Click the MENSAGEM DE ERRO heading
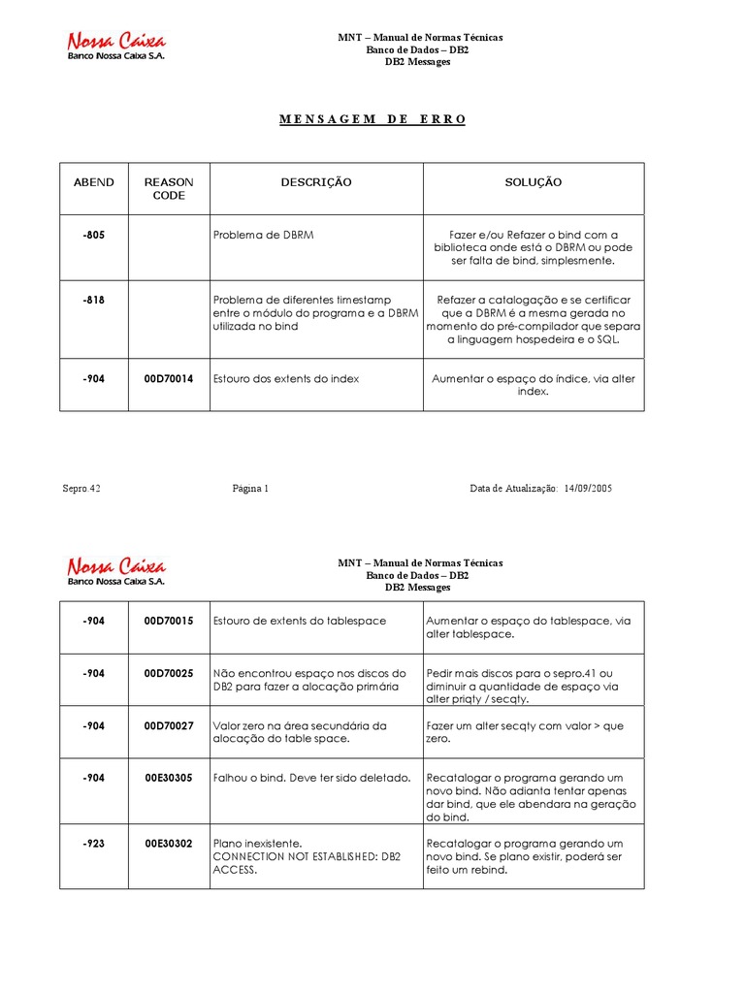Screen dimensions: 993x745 pyautogui.click(x=372, y=119)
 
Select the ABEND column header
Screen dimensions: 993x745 pyautogui.click(x=94, y=182)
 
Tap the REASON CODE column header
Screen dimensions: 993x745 pyautogui.click(x=169, y=189)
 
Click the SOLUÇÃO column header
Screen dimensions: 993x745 pyautogui.click(x=533, y=182)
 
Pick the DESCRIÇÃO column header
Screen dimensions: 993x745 pyautogui.click(x=316, y=182)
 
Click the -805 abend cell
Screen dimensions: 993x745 pyautogui.click(x=94, y=235)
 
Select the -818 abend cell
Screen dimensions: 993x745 pyautogui.click(x=94, y=301)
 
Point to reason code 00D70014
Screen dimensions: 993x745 pyautogui.click(x=169, y=379)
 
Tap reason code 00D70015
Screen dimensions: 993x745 pyautogui.click(x=169, y=621)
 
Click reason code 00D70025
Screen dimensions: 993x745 pyautogui.click(x=169, y=673)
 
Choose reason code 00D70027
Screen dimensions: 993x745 pyautogui.click(x=169, y=725)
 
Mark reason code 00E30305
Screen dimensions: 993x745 pyautogui.click(x=169, y=778)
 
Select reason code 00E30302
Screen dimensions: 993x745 pyautogui.click(x=169, y=844)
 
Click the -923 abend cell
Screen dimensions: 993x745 pyautogui.click(x=94, y=844)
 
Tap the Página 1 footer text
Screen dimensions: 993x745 pyautogui.click(x=250, y=489)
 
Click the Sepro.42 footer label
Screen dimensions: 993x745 pyautogui.click(x=81, y=489)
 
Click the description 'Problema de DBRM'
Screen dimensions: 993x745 pyautogui.click(x=263, y=235)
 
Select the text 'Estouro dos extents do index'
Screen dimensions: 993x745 pyautogui.click(x=285, y=379)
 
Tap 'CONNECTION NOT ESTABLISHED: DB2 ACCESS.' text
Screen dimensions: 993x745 pyautogui.click(x=307, y=863)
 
